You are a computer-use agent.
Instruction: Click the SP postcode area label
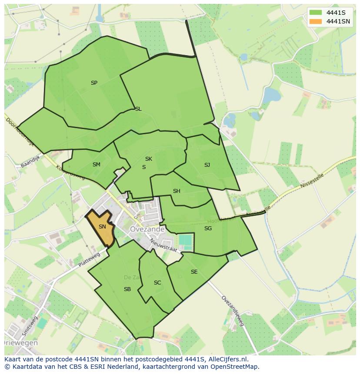tap(94, 83)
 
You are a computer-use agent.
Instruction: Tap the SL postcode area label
tap(138, 109)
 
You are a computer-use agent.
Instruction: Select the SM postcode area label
tap(97, 165)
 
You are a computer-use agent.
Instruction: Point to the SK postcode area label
tap(149, 159)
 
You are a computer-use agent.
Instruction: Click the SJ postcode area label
tap(207, 165)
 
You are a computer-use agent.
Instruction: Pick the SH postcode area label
tap(177, 191)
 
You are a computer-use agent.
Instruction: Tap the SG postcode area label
tap(208, 228)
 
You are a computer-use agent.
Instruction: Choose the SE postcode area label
tap(194, 272)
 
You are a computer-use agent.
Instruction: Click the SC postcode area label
tap(157, 283)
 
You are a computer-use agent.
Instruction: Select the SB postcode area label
tap(127, 289)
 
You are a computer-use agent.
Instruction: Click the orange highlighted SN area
tap(102, 227)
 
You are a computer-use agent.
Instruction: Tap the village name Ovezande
tap(147, 229)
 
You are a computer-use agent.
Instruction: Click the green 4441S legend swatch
tap(316, 13)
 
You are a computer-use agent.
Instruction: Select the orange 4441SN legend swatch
tap(316, 21)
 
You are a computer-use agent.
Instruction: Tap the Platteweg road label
tap(89, 260)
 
